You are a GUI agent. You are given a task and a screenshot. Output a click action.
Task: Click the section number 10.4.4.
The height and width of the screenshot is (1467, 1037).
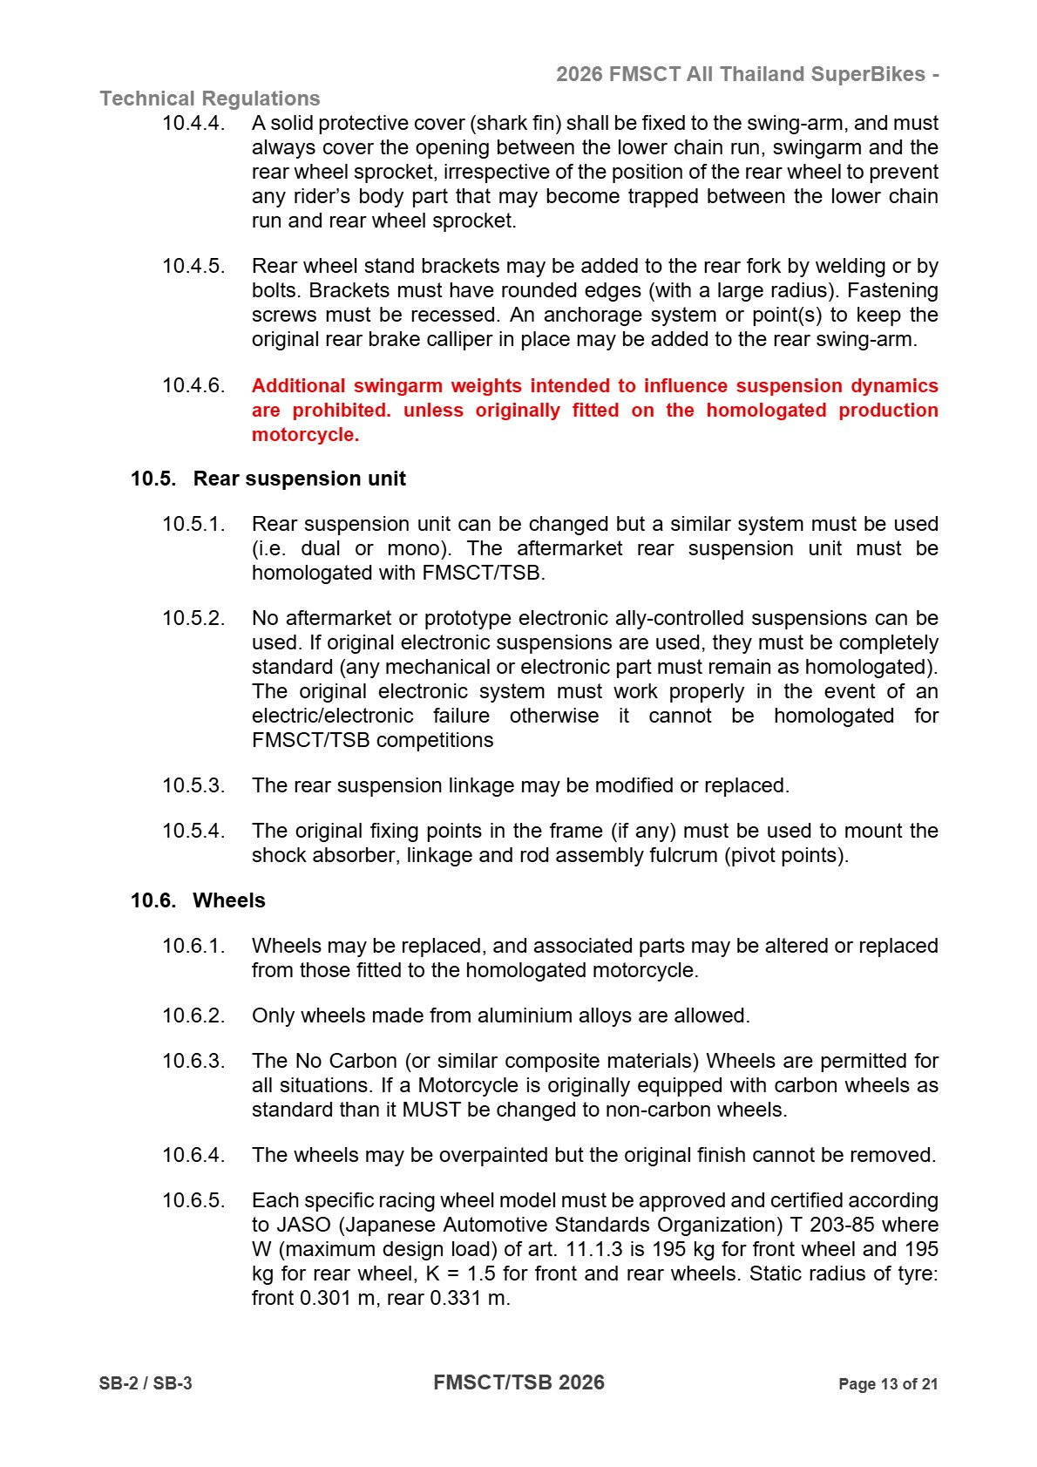tap(193, 123)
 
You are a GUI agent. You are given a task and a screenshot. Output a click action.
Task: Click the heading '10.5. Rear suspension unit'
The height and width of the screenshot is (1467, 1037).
tap(268, 479)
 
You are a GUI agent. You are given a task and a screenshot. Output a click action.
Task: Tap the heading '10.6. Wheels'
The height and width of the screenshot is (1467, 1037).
tap(198, 900)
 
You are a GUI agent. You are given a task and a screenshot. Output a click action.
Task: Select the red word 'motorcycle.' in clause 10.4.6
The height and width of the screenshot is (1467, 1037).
tap(305, 434)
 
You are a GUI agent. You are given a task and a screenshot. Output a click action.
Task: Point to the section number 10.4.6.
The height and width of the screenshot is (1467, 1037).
tap(193, 385)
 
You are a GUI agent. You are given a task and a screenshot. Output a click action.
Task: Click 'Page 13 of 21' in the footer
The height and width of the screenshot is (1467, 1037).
tap(887, 1383)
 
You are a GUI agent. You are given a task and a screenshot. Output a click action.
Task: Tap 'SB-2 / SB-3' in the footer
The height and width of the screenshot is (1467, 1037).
tap(146, 1383)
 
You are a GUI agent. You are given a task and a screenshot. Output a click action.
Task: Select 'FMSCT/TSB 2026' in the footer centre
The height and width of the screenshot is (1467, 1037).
tap(518, 1382)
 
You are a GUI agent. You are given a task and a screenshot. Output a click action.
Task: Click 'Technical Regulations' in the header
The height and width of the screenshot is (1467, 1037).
tap(210, 98)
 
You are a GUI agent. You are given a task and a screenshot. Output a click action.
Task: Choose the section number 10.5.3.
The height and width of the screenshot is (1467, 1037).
tap(193, 785)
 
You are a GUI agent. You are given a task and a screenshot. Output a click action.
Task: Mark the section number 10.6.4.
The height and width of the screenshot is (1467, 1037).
tap(193, 1155)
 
